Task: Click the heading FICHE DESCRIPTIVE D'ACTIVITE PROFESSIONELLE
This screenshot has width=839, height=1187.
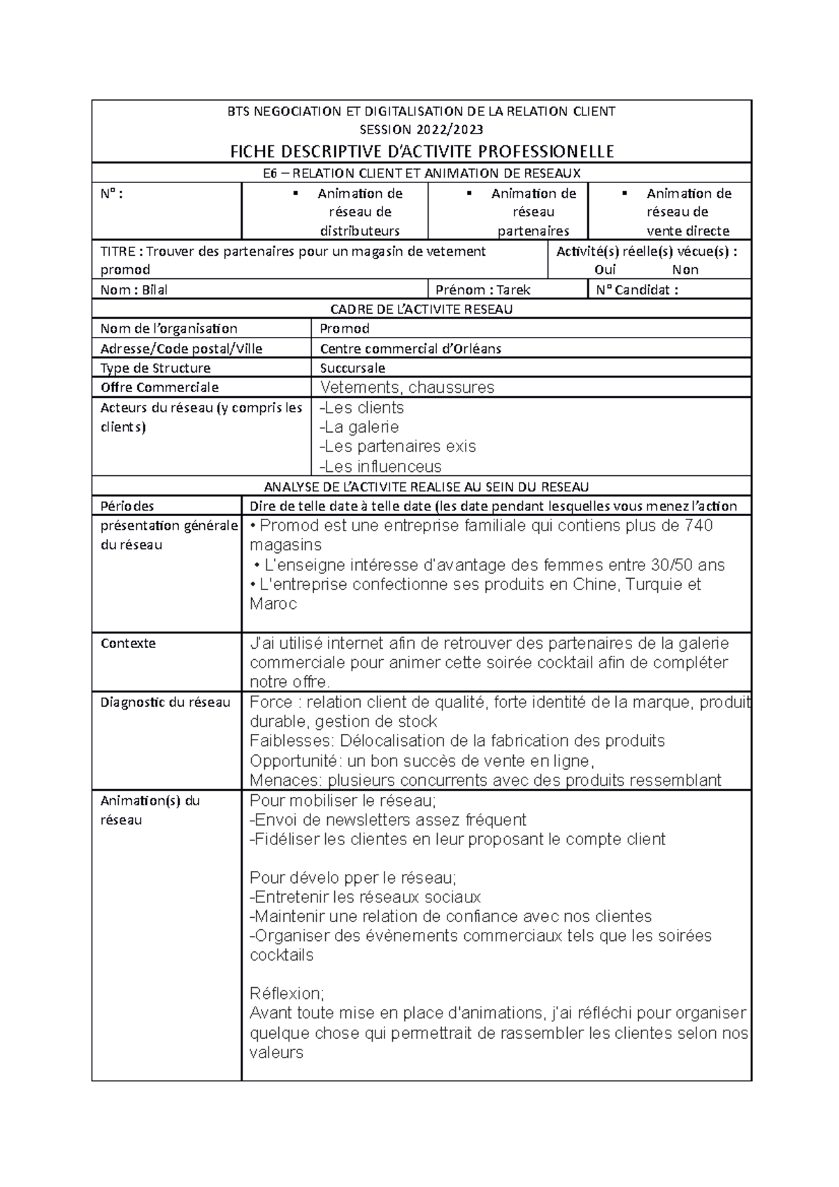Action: [422, 152]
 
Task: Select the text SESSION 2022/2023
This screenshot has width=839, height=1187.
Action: [422, 129]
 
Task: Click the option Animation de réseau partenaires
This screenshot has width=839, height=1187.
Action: [533, 212]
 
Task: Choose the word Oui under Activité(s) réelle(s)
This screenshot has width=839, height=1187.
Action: [605, 270]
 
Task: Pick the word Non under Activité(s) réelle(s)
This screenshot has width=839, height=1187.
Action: [685, 270]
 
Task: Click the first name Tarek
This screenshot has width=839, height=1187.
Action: [514, 289]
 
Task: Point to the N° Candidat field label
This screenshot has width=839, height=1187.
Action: [636, 289]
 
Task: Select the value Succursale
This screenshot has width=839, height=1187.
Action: [352, 368]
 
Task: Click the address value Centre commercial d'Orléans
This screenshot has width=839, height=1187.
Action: [410, 348]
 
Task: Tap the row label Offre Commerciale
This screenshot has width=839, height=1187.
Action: [159, 387]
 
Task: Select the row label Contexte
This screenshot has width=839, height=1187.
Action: [128, 643]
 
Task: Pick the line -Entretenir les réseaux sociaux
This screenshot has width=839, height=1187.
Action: [365, 897]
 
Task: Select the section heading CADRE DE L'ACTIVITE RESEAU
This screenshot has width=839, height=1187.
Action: [422, 309]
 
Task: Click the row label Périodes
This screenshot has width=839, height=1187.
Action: [127, 506]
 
